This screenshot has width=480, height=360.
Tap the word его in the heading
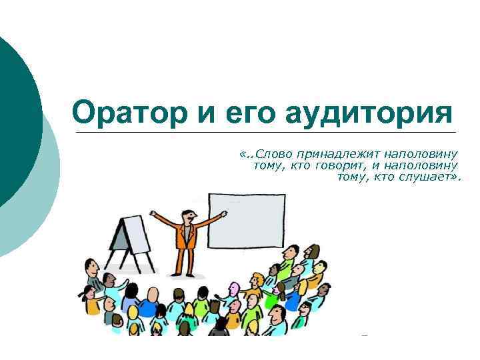(247, 111)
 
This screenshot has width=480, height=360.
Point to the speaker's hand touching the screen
(223, 214)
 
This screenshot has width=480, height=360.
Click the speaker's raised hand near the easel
(152, 214)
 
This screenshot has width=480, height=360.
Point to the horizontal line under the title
(267, 132)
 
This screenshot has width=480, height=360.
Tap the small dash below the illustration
(363, 335)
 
